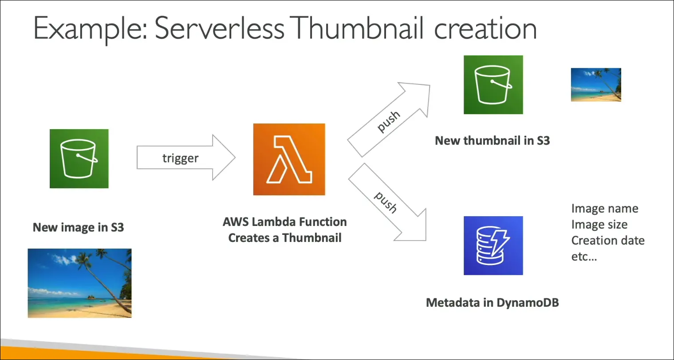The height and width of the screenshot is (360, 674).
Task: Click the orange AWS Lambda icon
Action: tap(289, 159)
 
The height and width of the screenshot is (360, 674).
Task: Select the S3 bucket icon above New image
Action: tap(79, 158)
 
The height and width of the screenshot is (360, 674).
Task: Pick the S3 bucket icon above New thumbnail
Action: tap(493, 85)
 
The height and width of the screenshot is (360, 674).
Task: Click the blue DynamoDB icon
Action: tap(493, 245)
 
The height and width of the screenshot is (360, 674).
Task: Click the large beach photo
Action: tap(80, 283)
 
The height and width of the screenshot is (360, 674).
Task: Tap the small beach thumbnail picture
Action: tap(595, 85)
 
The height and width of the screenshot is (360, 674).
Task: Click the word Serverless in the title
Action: tap(219, 28)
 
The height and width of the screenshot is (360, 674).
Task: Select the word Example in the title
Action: tap(89, 28)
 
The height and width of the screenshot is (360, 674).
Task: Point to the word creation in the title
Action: tap(485, 28)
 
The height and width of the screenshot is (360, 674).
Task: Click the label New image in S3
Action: tap(79, 227)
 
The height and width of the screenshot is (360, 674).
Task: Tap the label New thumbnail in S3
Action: tap(492, 141)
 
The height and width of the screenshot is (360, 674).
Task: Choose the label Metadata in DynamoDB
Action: tap(492, 303)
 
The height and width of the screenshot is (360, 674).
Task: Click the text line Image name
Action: tap(604, 209)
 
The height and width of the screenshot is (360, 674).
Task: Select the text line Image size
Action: tap(599, 225)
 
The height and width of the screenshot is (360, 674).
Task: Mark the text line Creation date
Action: tap(607, 241)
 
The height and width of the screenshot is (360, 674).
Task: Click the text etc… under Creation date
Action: tap(584, 257)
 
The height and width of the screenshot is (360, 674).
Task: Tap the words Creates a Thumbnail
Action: tap(285, 238)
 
